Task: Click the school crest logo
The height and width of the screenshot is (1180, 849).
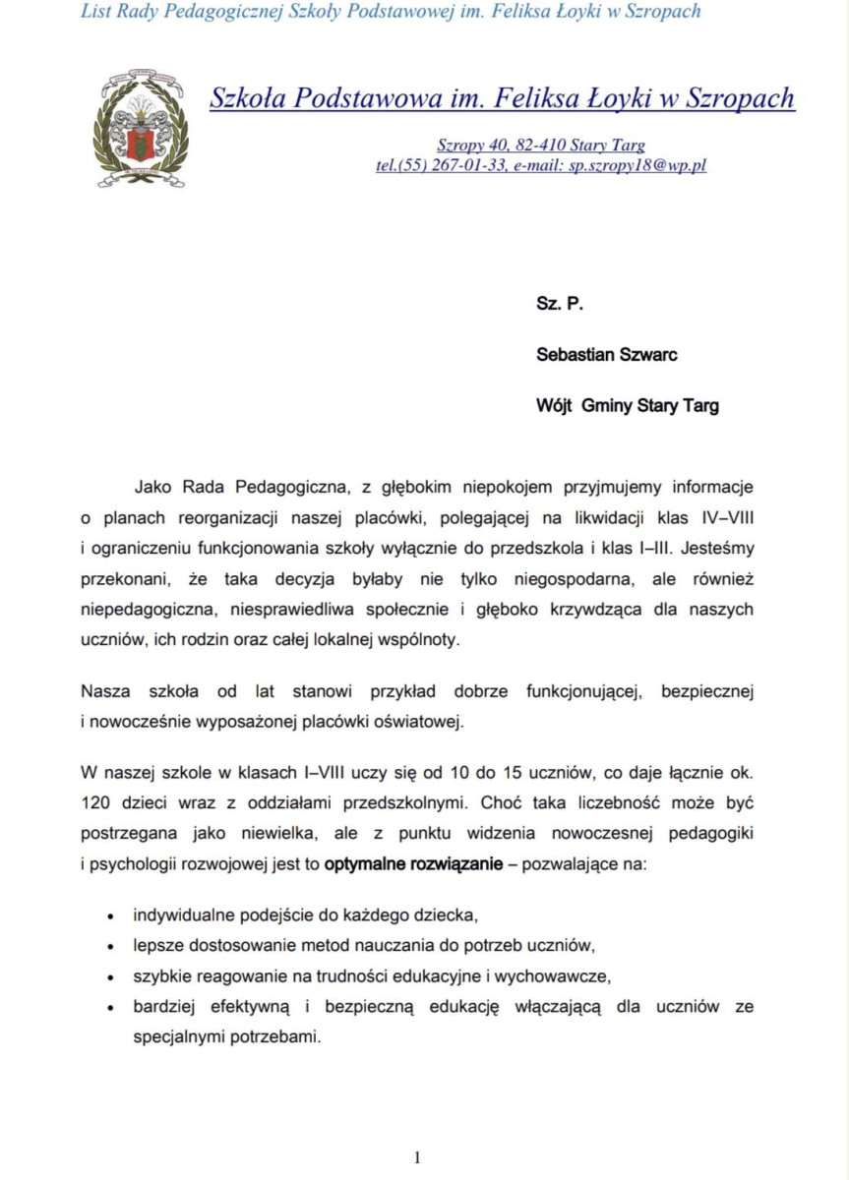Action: (141, 128)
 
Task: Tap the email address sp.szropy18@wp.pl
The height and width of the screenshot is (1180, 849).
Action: (638, 166)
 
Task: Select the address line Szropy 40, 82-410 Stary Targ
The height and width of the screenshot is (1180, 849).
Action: (541, 146)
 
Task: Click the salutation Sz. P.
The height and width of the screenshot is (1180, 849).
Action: (560, 305)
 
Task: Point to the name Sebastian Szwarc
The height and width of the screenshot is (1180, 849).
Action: (606, 355)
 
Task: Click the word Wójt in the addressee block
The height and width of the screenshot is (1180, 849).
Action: (553, 406)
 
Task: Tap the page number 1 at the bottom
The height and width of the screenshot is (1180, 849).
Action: (417, 1157)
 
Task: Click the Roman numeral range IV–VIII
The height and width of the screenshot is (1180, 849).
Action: (719, 515)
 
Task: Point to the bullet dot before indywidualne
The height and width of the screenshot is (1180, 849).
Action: (110, 915)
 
